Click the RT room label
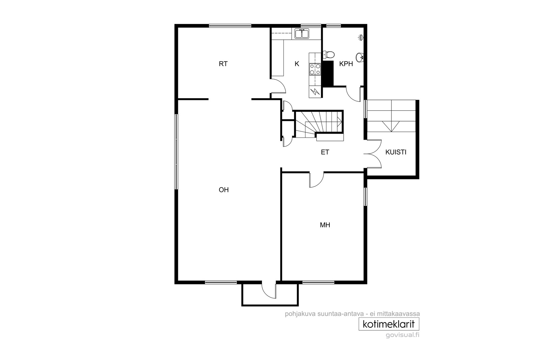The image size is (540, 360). click(x=223, y=64)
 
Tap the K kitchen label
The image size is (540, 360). click(x=297, y=64)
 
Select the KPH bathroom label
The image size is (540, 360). click(x=346, y=64)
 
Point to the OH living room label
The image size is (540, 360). click(x=223, y=190)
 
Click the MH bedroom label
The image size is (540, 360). click(x=325, y=225)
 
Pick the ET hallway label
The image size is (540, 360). click(x=325, y=152)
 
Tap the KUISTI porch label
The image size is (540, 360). click(x=396, y=152)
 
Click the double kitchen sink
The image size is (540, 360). click(x=302, y=34)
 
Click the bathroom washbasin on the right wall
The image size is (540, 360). click(x=360, y=57)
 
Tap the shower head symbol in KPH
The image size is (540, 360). click(x=361, y=37)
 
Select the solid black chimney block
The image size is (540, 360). click(x=328, y=73)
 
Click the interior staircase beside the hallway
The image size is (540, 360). click(x=318, y=125)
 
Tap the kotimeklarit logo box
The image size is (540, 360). click(x=389, y=324)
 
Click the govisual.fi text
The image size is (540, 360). click(x=402, y=335)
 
